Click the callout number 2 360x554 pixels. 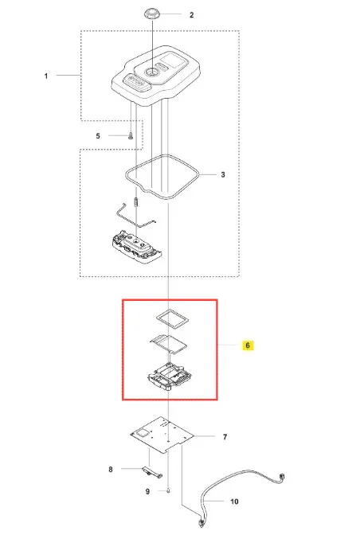[191, 15]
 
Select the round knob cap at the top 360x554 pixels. [151, 15]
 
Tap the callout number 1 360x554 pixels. [46, 76]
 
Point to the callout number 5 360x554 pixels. [98, 135]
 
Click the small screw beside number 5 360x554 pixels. [131, 135]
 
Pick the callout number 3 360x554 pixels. [223, 174]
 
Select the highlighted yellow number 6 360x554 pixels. [248, 345]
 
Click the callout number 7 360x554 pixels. [225, 437]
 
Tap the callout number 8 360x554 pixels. [111, 469]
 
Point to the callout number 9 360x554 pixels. [148, 491]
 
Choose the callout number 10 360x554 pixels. [234, 501]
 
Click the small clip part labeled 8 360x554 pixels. [152, 472]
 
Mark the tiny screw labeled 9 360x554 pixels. [168, 490]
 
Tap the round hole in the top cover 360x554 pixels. [152, 72]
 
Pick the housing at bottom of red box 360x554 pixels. [170, 376]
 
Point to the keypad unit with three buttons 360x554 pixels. [136, 246]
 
